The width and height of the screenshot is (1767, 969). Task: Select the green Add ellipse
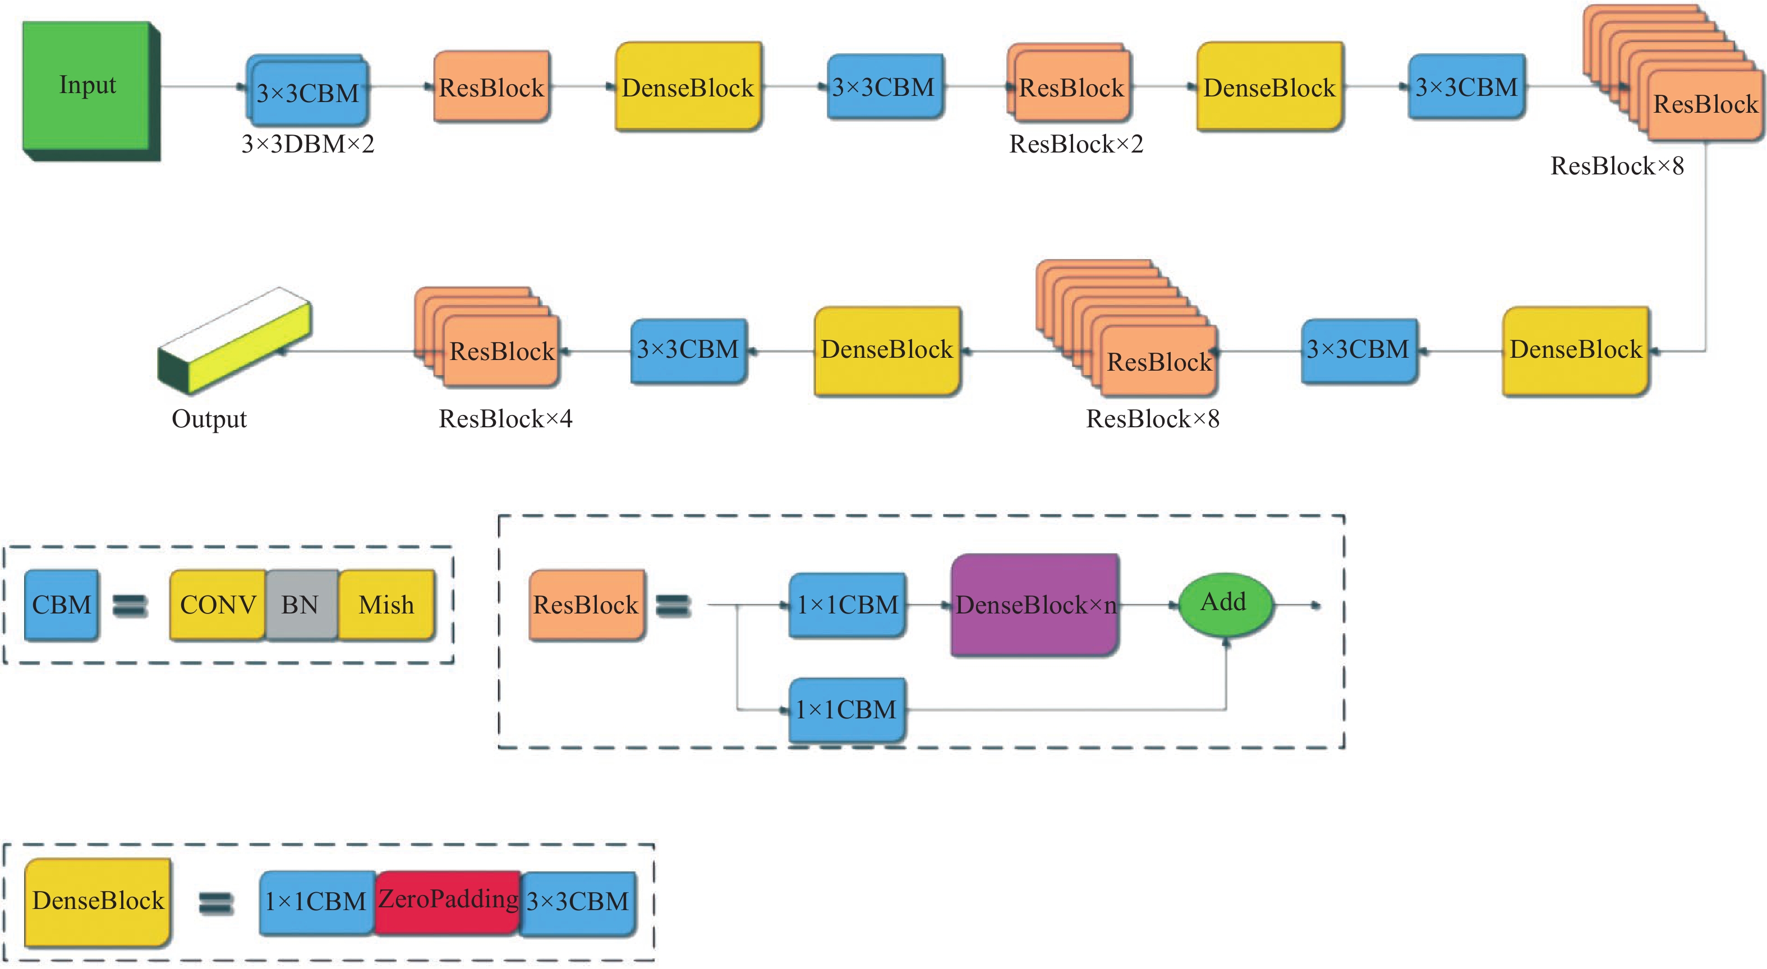[x=1225, y=603]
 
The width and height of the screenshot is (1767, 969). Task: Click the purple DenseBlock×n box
[x=1034, y=605]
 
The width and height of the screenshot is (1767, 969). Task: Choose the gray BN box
[x=301, y=605]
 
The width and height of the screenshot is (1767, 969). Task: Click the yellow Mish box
[x=386, y=605]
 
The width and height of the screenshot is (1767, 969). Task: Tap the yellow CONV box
[x=218, y=605]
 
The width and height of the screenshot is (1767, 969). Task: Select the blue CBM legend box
[x=61, y=605]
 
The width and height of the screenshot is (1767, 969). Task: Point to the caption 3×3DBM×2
[x=308, y=144]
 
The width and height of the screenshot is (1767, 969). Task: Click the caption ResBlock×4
[x=505, y=418]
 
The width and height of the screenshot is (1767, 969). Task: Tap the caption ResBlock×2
[x=1076, y=144]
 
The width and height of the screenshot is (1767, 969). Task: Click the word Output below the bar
[x=209, y=418]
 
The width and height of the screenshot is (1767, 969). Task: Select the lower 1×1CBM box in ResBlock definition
[x=846, y=710]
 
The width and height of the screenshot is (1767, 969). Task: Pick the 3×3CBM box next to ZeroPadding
[x=578, y=902]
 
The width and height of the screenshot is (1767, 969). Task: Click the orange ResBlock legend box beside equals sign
[x=587, y=605]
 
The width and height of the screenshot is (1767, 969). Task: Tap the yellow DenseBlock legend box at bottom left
[x=98, y=901]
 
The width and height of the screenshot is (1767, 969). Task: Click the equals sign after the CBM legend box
[x=130, y=606]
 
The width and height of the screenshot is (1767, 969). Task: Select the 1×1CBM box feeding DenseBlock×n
[x=847, y=605]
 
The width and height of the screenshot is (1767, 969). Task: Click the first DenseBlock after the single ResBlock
[x=688, y=87]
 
